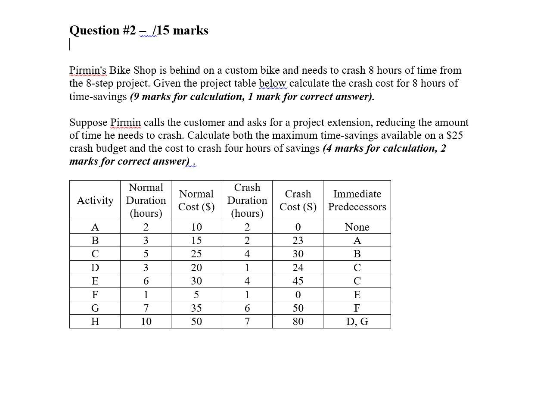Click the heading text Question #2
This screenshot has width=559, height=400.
[x=102, y=31]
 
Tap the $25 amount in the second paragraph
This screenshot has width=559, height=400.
[x=454, y=135]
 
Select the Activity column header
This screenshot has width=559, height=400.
[x=95, y=200]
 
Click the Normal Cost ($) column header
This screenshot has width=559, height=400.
[x=196, y=200]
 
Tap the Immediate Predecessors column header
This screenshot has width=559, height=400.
[x=357, y=200]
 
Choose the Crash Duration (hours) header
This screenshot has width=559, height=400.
[x=247, y=200]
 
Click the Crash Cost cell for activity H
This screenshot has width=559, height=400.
[x=298, y=322]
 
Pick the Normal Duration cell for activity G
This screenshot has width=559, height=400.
[x=146, y=308]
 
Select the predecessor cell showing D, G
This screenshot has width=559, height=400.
[x=357, y=322]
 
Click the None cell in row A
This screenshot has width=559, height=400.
[x=357, y=227]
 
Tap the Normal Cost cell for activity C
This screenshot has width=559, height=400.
[x=196, y=254]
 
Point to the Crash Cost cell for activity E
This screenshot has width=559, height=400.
[x=298, y=281]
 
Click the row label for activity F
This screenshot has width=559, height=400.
[x=95, y=295]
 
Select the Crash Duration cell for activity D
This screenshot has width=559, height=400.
[x=247, y=268]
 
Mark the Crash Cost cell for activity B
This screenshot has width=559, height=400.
[x=298, y=241]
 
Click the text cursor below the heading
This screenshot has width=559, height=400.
[x=70, y=44]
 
